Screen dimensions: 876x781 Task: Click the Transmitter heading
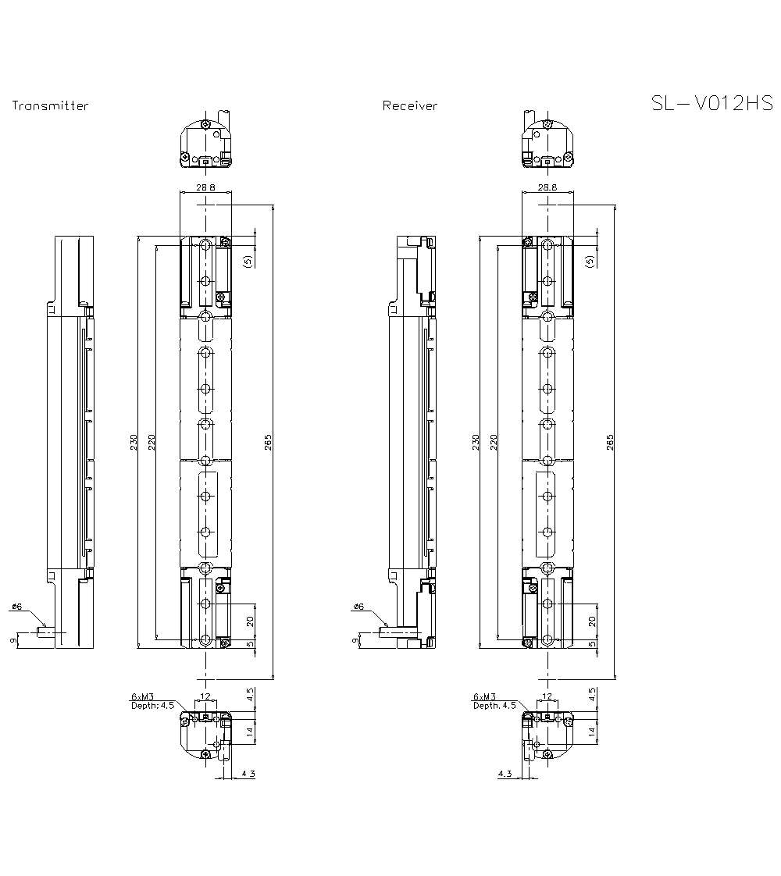(x=50, y=106)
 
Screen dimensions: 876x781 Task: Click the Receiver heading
(x=410, y=106)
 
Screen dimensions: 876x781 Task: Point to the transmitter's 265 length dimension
(x=267, y=442)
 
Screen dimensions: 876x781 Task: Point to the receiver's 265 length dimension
(x=609, y=442)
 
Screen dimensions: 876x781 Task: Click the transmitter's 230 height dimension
(x=134, y=442)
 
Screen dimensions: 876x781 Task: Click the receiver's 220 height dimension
(x=493, y=442)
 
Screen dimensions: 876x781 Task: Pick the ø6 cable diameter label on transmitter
(x=17, y=607)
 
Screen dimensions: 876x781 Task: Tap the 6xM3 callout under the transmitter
(x=143, y=696)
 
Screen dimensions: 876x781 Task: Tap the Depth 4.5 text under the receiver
(x=494, y=705)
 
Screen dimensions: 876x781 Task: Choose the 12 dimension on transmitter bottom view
(x=205, y=696)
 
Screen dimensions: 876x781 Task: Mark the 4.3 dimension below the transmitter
(x=248, y=774)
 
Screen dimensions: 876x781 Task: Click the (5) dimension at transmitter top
(x=248, y=261)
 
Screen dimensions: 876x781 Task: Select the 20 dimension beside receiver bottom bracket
(x=592, y=621)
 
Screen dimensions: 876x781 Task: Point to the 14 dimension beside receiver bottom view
(x=592, y=732)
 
